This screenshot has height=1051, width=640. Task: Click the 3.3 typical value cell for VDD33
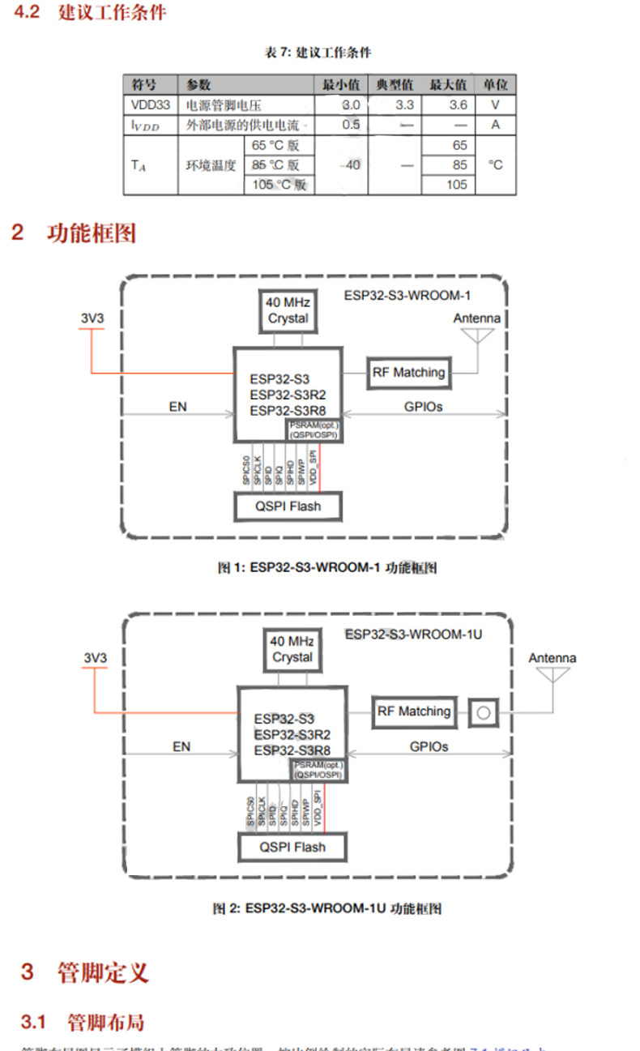coord(404,105)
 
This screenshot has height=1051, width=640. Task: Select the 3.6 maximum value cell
coord(459,105)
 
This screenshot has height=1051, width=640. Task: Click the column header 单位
coord(496,85)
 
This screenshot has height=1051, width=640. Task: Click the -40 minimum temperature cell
coord(350,165)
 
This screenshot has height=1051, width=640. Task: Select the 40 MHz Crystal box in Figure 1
coord(288,310)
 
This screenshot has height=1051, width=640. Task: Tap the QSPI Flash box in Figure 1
coord(288,506)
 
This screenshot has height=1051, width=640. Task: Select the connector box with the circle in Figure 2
coord(484,713)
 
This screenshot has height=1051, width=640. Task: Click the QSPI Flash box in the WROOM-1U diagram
coord(292,847)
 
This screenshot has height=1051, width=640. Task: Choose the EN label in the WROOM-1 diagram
coord(178,407)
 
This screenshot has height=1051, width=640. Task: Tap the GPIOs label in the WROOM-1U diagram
coord(427,746)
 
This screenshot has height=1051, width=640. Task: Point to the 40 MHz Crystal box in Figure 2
coord(292,649)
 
